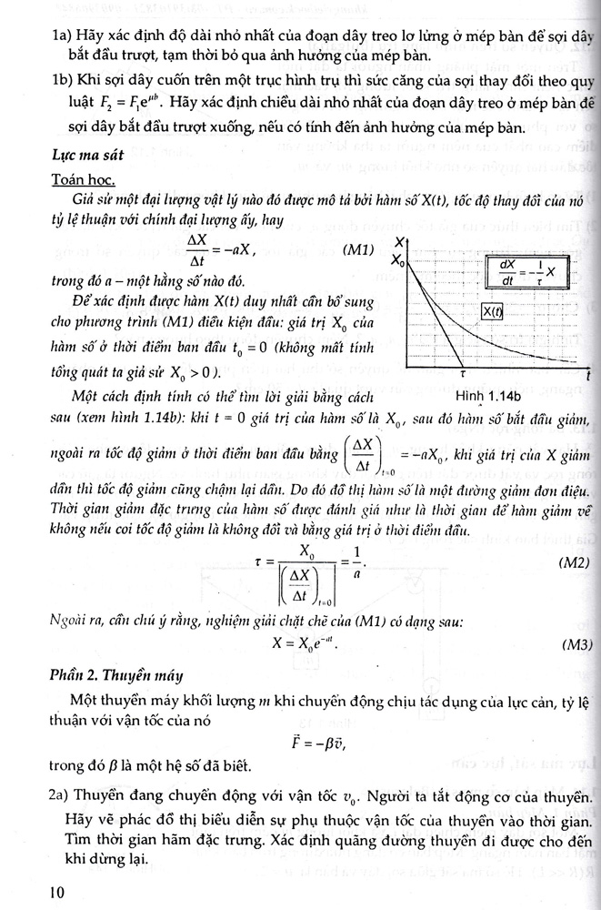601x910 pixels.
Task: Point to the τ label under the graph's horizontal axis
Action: (461, 373)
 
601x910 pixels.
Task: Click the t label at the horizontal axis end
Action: (588, 375)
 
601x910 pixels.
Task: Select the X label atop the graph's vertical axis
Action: (401, 240)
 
